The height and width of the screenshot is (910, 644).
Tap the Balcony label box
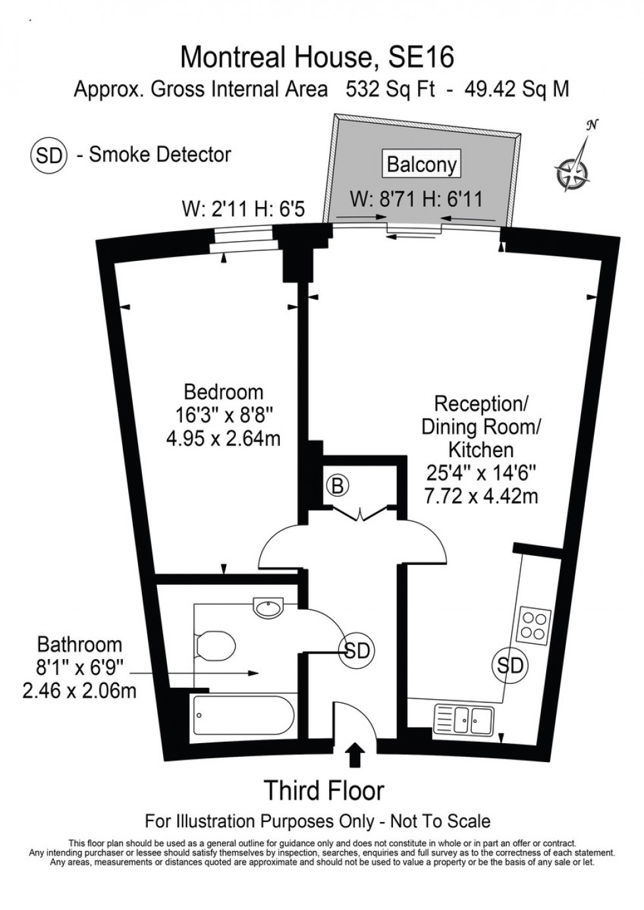[x=421, y=164]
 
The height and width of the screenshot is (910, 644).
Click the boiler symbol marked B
[x=337, y=486]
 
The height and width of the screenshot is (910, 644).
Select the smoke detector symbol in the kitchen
[x=509, y=666]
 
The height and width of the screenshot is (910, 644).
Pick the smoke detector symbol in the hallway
[x=356, y=651]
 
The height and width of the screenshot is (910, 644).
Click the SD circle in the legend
[x=49, y=155]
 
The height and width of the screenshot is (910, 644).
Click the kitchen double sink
[x=465, y=721]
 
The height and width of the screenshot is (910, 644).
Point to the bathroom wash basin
[x=269, y=607]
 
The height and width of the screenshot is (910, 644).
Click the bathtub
[x=243, y=718]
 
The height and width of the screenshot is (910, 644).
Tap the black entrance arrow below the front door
[x=355, y=754]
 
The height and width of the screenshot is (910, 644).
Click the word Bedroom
[x=223, y=392]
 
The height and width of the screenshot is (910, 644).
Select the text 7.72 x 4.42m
[x=481, y=496]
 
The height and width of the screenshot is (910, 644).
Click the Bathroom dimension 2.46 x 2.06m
[x=80, y=691]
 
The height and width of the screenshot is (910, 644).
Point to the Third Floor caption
[x=323, y=790]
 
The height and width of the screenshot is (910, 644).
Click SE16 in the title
[x=421, y=58]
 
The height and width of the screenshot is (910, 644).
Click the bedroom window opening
[x=241, y=240]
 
